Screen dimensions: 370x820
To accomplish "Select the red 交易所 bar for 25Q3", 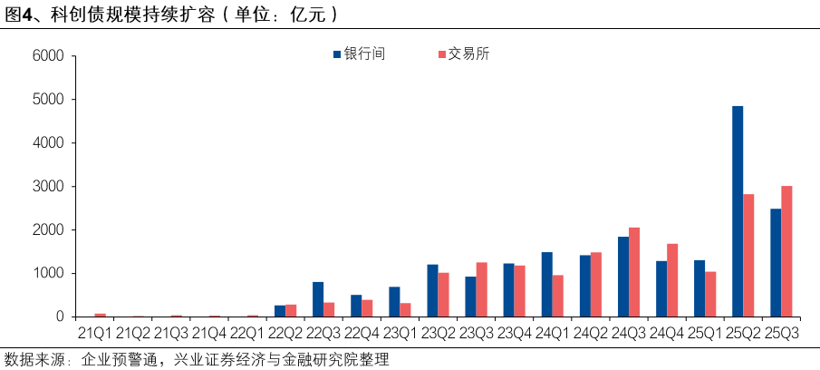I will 787,251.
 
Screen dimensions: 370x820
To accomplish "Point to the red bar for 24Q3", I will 634,272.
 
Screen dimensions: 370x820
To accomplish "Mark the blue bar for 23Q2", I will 433,291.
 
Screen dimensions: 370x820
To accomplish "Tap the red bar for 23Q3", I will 482,289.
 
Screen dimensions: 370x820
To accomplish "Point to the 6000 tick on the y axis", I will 48,56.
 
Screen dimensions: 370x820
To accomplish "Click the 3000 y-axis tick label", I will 48,187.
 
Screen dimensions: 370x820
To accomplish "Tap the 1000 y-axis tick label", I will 48,274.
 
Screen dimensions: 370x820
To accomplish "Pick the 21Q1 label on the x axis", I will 94,333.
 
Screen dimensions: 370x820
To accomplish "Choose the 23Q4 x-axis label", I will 514,333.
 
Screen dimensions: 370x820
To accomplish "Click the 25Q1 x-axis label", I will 704,333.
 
